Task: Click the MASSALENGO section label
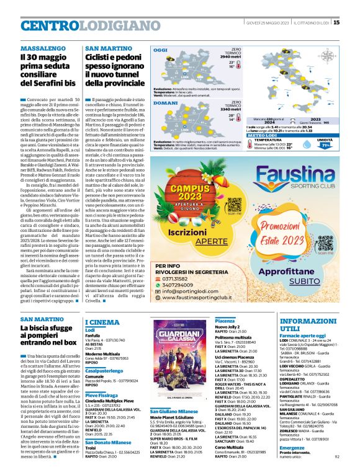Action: tap(41, 48)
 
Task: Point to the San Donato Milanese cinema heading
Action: tap(114, 442)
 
